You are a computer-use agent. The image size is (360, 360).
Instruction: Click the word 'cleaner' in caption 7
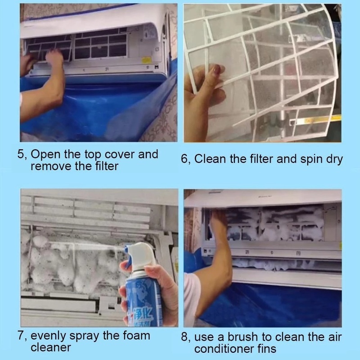pos(51,347)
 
